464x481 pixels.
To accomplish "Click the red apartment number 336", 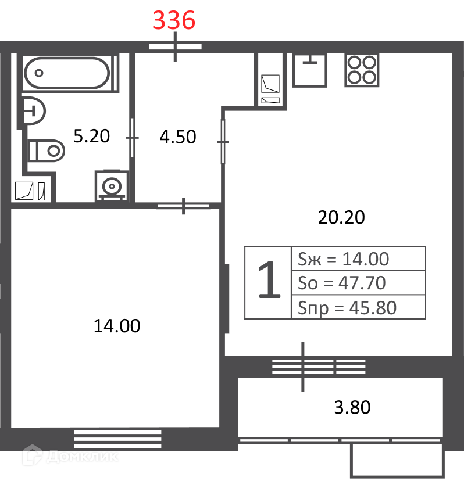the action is (174, 20).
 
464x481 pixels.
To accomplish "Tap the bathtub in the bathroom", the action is (67, 73).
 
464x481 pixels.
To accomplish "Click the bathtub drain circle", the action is (39, 73).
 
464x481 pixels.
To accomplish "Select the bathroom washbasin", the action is (33, 111).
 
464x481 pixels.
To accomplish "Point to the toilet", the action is (46, 150).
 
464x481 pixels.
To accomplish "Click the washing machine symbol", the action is (112, 186).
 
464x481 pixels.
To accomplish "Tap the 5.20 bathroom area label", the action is (91, 136).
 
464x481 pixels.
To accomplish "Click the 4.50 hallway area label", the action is (178, 137).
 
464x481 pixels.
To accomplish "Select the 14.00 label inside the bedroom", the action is (117, 325).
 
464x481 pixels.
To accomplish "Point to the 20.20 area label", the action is (341, 217).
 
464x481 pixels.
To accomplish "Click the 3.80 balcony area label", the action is (352, 407).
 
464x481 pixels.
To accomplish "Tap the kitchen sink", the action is (310, 70).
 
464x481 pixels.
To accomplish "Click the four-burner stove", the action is (362, 70).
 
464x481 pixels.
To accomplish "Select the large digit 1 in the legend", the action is (269, 279).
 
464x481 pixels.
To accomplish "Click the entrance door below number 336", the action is (175, 47).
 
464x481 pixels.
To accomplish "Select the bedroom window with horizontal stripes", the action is (117, 439).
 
